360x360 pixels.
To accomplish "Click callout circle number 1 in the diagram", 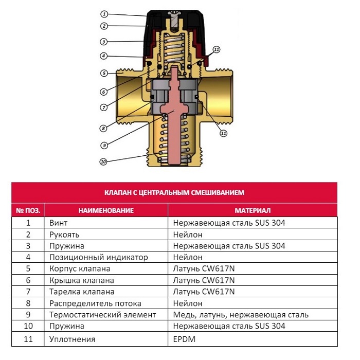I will pyautogui.click(x=104, y=14).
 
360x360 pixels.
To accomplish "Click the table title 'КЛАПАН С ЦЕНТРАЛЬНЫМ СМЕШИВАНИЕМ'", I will pyautogui.click(x=174, y=192).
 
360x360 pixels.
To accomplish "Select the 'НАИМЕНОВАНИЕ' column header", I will pyautogui.click(x=106, y=210).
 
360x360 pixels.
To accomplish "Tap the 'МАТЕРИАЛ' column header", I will pyautogui.click(x=253, y=210).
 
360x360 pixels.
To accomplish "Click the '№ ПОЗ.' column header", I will pyautogui.click(x=28, y=210).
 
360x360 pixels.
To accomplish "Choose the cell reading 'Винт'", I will pyautogui.click(x=59, y=223).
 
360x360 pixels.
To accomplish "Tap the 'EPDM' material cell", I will pyautogui.click(x=185, y=339).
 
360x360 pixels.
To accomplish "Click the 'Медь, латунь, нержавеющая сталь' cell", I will pyautogui.click(x=240, y=315).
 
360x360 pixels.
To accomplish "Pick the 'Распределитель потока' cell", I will pyautogui.click(x=95, y=303).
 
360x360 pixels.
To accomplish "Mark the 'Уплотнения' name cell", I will pyautogui.click(x=73, y=339).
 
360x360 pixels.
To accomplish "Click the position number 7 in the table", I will pyautogui.click(x=28, y=292).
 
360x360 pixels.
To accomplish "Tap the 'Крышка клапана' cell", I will pyautogui.click(x=82, y=280).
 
